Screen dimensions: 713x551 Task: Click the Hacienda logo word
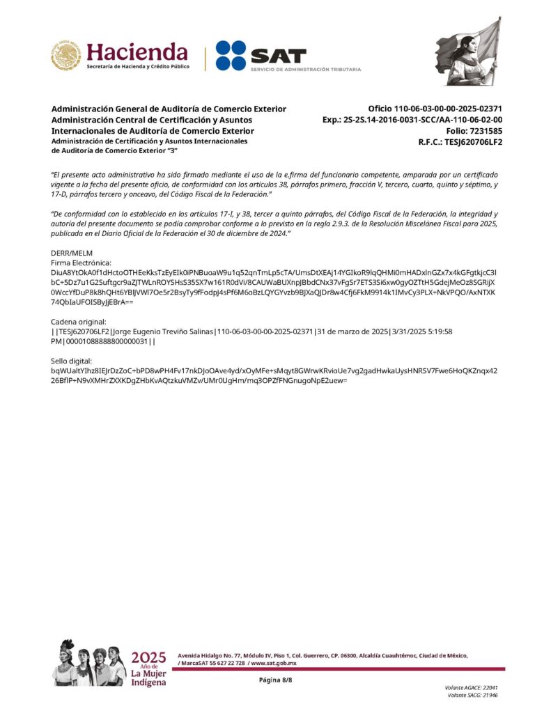137,52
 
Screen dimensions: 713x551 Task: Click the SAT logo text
279,54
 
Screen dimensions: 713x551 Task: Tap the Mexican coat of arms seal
65,55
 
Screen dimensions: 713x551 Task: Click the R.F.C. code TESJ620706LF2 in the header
474,142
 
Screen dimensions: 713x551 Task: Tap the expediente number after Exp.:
430,120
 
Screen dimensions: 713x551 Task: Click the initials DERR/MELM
72,253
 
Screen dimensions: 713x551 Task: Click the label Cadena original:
79,322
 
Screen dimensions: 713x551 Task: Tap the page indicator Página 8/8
275,680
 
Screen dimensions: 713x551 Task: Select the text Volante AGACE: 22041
471,687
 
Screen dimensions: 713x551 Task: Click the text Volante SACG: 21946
472,695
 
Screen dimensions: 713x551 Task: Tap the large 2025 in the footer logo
148,657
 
